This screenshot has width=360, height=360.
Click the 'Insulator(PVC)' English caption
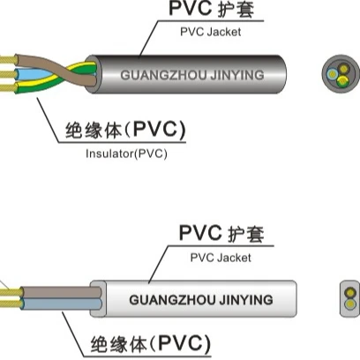127,153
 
